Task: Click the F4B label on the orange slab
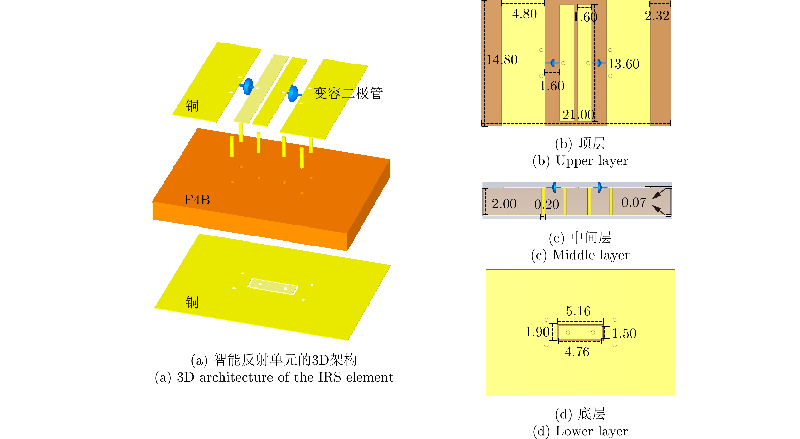coord(197,200)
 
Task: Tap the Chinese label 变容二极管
coord(348,93)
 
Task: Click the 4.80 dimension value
coord(524,14)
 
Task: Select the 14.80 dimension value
coord(502,60)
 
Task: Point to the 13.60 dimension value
coord(623,64)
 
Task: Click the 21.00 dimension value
coord(578,115)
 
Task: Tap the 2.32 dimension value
coord(657,16)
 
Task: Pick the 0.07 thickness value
coord(634,202)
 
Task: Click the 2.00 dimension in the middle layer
coord(504,204)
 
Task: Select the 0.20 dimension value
coord(547,204)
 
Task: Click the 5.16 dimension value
coord(578,311)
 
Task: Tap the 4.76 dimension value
coord(577,352)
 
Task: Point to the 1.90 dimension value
coord(537,332)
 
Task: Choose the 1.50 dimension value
coord(624,333)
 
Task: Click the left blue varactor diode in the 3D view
coord(248,86)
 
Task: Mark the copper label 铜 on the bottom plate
coord(192,302)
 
